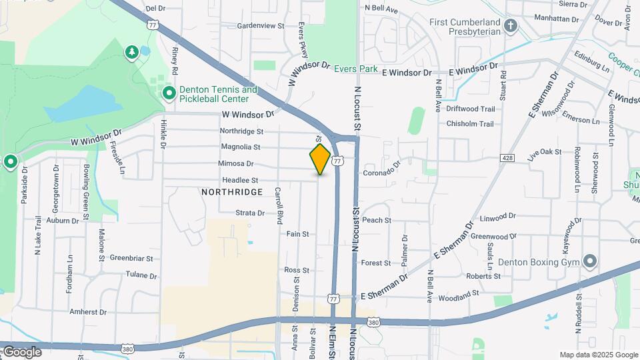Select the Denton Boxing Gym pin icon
pyautogui.click(x=589, y=261)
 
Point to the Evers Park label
pyautogui.click(x=356, y=69)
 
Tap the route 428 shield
pyautogui.click(x=509, y=158)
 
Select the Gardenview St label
pyautogui.click(x=261, y=26)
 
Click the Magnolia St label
pyautogui.click(x=240, y=147)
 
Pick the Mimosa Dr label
pyautogui.click(x=236, y=163)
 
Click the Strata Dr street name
pyautogui.click(x=250, y=213)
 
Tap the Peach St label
pyautogui.click(x=376, y=220)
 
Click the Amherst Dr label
pyautogui.click(x=88, y=312)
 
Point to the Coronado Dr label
pyautogui.click(x=382, y=169)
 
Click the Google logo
pyautogui.click(x=21, y=352)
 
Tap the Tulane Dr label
pyautogui.click(x=141, y=275)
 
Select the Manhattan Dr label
pyautogui.click(x=556, y=19)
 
